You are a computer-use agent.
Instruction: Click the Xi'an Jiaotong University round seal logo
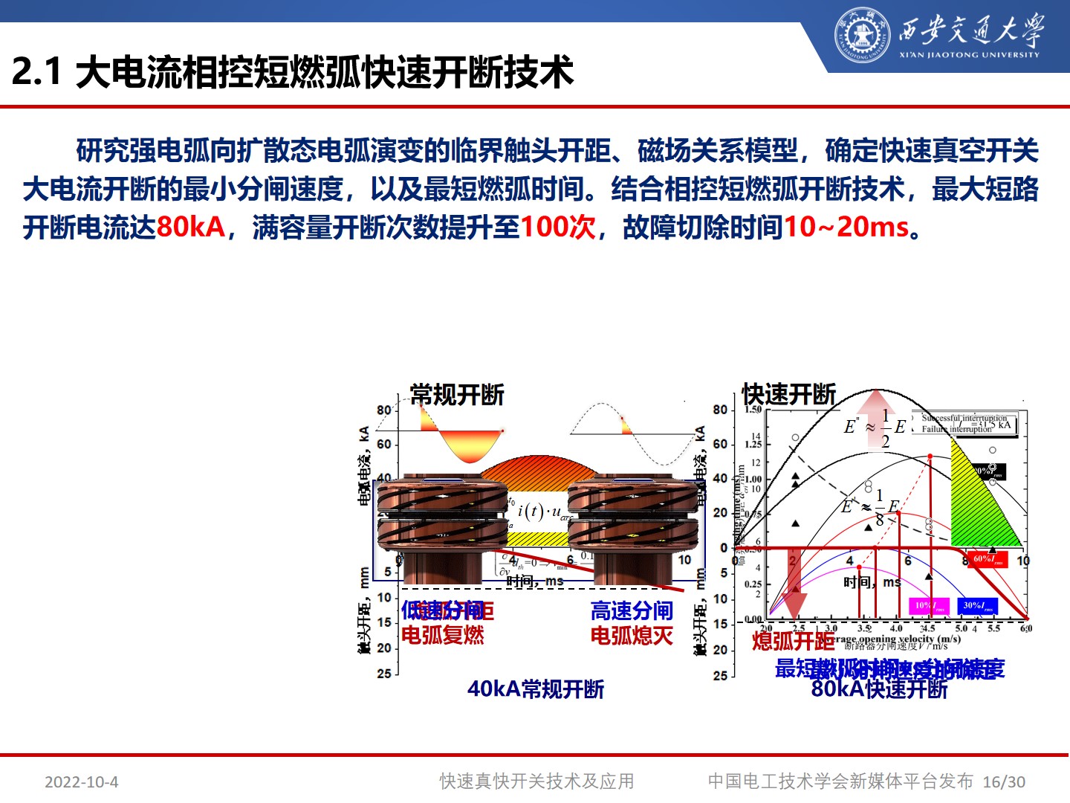tap(862, 35)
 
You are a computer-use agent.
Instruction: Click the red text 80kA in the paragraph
tap(190, 227)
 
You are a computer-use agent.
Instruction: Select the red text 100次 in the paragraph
tap(557, 227)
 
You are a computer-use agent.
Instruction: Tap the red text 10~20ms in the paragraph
tap(846, 227)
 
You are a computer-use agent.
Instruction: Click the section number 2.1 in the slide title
tap(36, 72)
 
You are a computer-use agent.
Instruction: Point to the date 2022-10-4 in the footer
tap(81, 782)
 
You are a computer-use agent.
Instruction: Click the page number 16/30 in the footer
tap(1003, 782)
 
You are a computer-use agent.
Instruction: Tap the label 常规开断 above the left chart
tap(457, 395)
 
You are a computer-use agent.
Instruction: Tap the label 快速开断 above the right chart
tap(788, 394)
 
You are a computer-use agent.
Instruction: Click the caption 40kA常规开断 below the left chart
tap(535, 689)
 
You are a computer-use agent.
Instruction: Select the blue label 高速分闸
tap(632, 611)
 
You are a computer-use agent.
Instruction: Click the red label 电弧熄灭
tap(632, 636)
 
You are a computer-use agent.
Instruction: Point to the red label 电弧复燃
tap(443, 636)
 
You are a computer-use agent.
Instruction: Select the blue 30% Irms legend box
tap(978, 606)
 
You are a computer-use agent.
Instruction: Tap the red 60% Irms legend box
tap(988, 559)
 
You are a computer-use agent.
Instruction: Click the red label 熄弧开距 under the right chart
tap(793, 641)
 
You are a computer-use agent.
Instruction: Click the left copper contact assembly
tap(442, 528)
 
